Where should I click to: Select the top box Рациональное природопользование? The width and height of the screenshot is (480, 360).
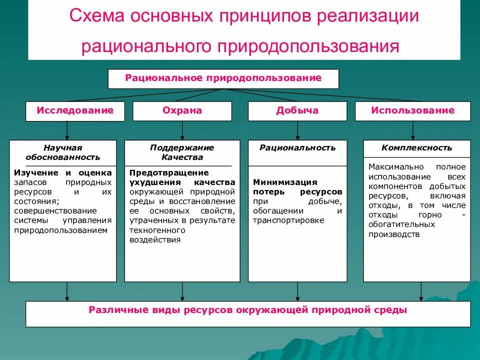223,78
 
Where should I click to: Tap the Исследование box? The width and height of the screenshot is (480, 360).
75,110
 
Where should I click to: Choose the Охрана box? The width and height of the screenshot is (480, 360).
182,110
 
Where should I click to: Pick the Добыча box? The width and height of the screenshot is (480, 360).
297,110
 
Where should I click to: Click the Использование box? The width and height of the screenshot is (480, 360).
412,110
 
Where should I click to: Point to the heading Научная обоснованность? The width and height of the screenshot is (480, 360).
63,152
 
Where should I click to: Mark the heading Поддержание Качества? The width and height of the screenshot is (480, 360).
182,152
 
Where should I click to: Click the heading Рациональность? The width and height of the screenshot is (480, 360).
297,148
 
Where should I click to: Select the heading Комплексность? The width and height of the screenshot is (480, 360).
416,148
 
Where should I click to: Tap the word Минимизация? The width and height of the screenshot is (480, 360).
285,182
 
